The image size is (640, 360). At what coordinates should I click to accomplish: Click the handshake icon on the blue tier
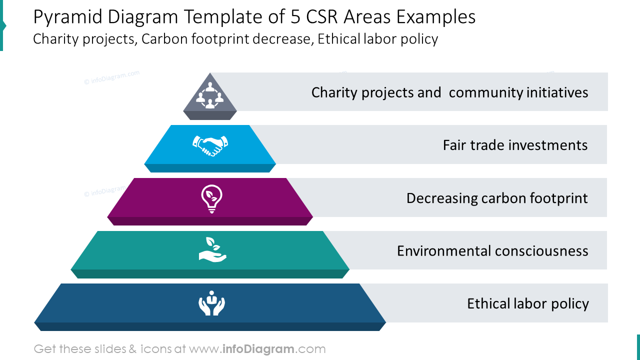[210, 145]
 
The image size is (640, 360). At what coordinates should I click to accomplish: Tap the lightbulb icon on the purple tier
[211, 199]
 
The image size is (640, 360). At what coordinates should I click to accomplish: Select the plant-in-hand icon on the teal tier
[212, 249]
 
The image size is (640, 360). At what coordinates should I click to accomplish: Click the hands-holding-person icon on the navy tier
[211, 303]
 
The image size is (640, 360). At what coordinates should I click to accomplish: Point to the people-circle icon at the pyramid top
[210, 95]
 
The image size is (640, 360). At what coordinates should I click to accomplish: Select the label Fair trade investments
[515, 145]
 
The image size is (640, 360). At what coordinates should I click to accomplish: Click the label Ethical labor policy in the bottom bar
[528, 304]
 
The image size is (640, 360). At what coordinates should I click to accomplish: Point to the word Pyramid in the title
[67, 17]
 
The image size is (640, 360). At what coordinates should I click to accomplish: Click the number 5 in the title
[295, 17]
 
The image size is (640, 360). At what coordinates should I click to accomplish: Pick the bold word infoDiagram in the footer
[258, 349]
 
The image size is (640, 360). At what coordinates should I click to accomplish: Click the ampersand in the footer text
[133, 349]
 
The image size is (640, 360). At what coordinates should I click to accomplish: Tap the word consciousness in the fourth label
[541, 251]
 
